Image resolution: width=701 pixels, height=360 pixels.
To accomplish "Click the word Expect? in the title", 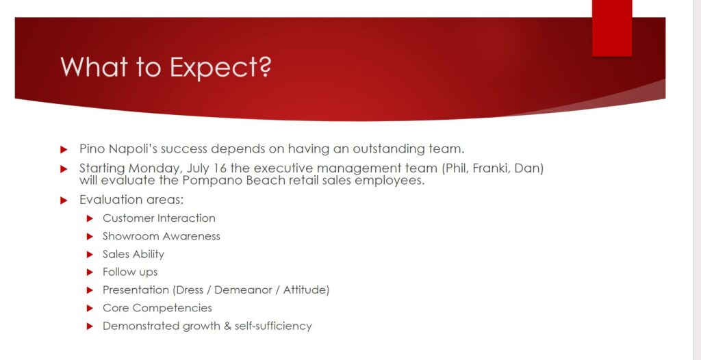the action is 221,68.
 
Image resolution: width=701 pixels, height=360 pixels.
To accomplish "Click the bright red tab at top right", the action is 612,28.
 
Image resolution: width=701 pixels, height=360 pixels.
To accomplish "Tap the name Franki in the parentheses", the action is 492,168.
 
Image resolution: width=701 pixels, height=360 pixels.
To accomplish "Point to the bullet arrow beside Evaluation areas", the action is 64,201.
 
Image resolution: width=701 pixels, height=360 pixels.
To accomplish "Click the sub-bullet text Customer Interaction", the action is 159,218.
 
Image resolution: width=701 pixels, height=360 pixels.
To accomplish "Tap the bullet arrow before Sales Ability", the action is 90,255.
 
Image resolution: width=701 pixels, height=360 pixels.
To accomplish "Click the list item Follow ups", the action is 130,272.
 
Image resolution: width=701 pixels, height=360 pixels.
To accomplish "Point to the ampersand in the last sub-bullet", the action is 228,326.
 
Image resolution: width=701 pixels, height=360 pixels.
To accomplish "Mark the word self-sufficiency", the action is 273,326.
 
